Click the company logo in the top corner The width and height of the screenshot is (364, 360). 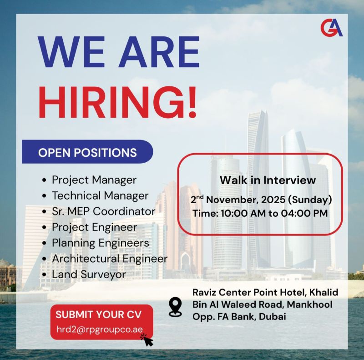pyautogui.click(x=331, y=28)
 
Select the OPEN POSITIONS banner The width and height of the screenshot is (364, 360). pyautogui.click(x=87, y=152)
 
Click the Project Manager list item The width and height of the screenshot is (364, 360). pyautogui.click(x=94, y=180)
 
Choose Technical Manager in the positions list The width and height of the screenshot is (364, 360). pyautogui.click(x=100, y=195)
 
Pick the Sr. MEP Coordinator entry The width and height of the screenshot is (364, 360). pyautogui.click(x=103, y=211)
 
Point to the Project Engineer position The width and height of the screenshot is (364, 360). pyautogui.click(x=94, y=227)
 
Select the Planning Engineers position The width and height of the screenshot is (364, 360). pyautogui.click(x=100, y=243)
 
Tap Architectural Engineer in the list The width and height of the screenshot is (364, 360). pyautogui.click(x=109, y=258)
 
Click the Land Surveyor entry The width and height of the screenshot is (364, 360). pyautogui.click(x=89, y=274)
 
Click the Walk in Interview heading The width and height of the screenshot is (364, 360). pyautogui.click(x=268, y=180)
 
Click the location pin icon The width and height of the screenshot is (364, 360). pyautogui.click(x=175, y=307)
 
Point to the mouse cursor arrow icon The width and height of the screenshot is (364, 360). pyautogui.click(x=147, y=339)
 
